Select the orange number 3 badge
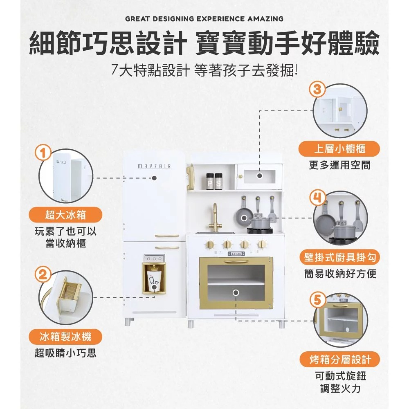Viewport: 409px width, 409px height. (x=317, y=89)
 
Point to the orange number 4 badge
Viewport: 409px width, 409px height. (x=317, y=198)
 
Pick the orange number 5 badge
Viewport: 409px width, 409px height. (x=317, y=300)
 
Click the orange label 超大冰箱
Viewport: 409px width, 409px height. (x=65, y=215)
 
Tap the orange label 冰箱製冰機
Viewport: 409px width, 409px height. (x=65, y=337)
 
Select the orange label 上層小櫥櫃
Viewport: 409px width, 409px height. (x=339, y=149)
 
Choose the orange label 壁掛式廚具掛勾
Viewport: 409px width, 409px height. (x=339, y=257)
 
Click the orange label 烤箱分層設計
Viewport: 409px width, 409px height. (x=339, y=360)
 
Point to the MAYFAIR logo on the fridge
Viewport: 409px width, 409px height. (x=154, y=166)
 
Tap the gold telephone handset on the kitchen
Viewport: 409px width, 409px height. (x=190, y=177)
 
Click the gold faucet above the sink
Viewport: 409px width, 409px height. (x=216, y=218)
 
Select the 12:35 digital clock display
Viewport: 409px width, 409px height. (x=236, y=254)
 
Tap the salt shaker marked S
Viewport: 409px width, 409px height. (x=218, y=181)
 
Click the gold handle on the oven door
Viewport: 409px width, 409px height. (x=236, y=261)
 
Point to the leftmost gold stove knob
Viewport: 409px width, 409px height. (x=210, y=245)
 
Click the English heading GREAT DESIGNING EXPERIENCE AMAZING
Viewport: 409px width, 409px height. (x=204, y=19)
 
